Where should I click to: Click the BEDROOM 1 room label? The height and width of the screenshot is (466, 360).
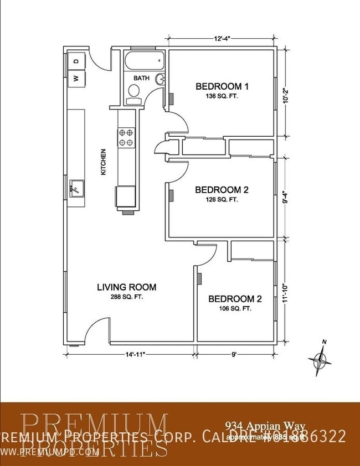222,86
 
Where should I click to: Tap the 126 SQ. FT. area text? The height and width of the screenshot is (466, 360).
222,199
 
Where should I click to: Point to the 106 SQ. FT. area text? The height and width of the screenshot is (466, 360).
235,309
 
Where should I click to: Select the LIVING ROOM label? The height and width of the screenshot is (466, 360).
126,287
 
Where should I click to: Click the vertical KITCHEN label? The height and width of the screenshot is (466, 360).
103,162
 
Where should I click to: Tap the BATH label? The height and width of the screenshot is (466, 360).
141,79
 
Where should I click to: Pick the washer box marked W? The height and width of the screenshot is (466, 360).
77,78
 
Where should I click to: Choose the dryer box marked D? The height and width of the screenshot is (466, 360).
77,60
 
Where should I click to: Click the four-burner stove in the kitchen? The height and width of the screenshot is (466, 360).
126,137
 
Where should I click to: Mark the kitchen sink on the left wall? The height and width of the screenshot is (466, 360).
76,189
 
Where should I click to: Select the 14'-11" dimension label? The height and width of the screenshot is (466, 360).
131,355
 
